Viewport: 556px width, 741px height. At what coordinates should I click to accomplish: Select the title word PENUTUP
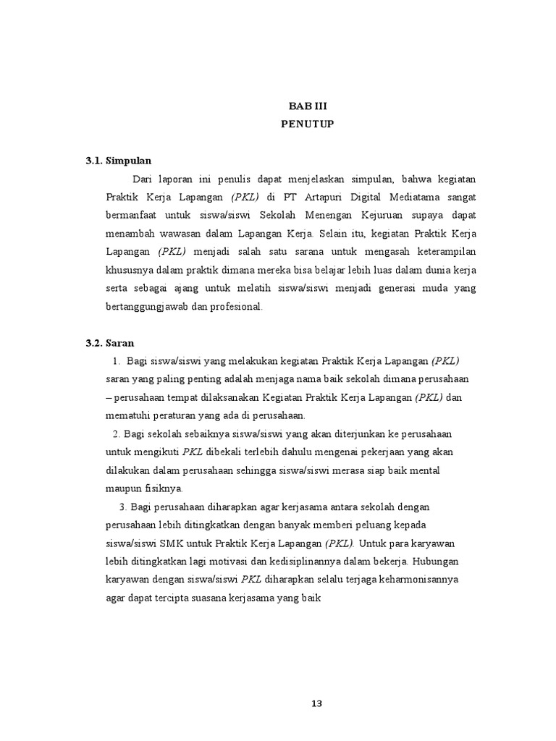coord(308,124)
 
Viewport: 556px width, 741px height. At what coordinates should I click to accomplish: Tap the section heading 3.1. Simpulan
coord(119,161)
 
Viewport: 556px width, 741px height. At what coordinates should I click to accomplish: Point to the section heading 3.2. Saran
coord(110,342)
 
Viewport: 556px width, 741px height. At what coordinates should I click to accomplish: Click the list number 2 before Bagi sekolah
coord(116,433)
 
